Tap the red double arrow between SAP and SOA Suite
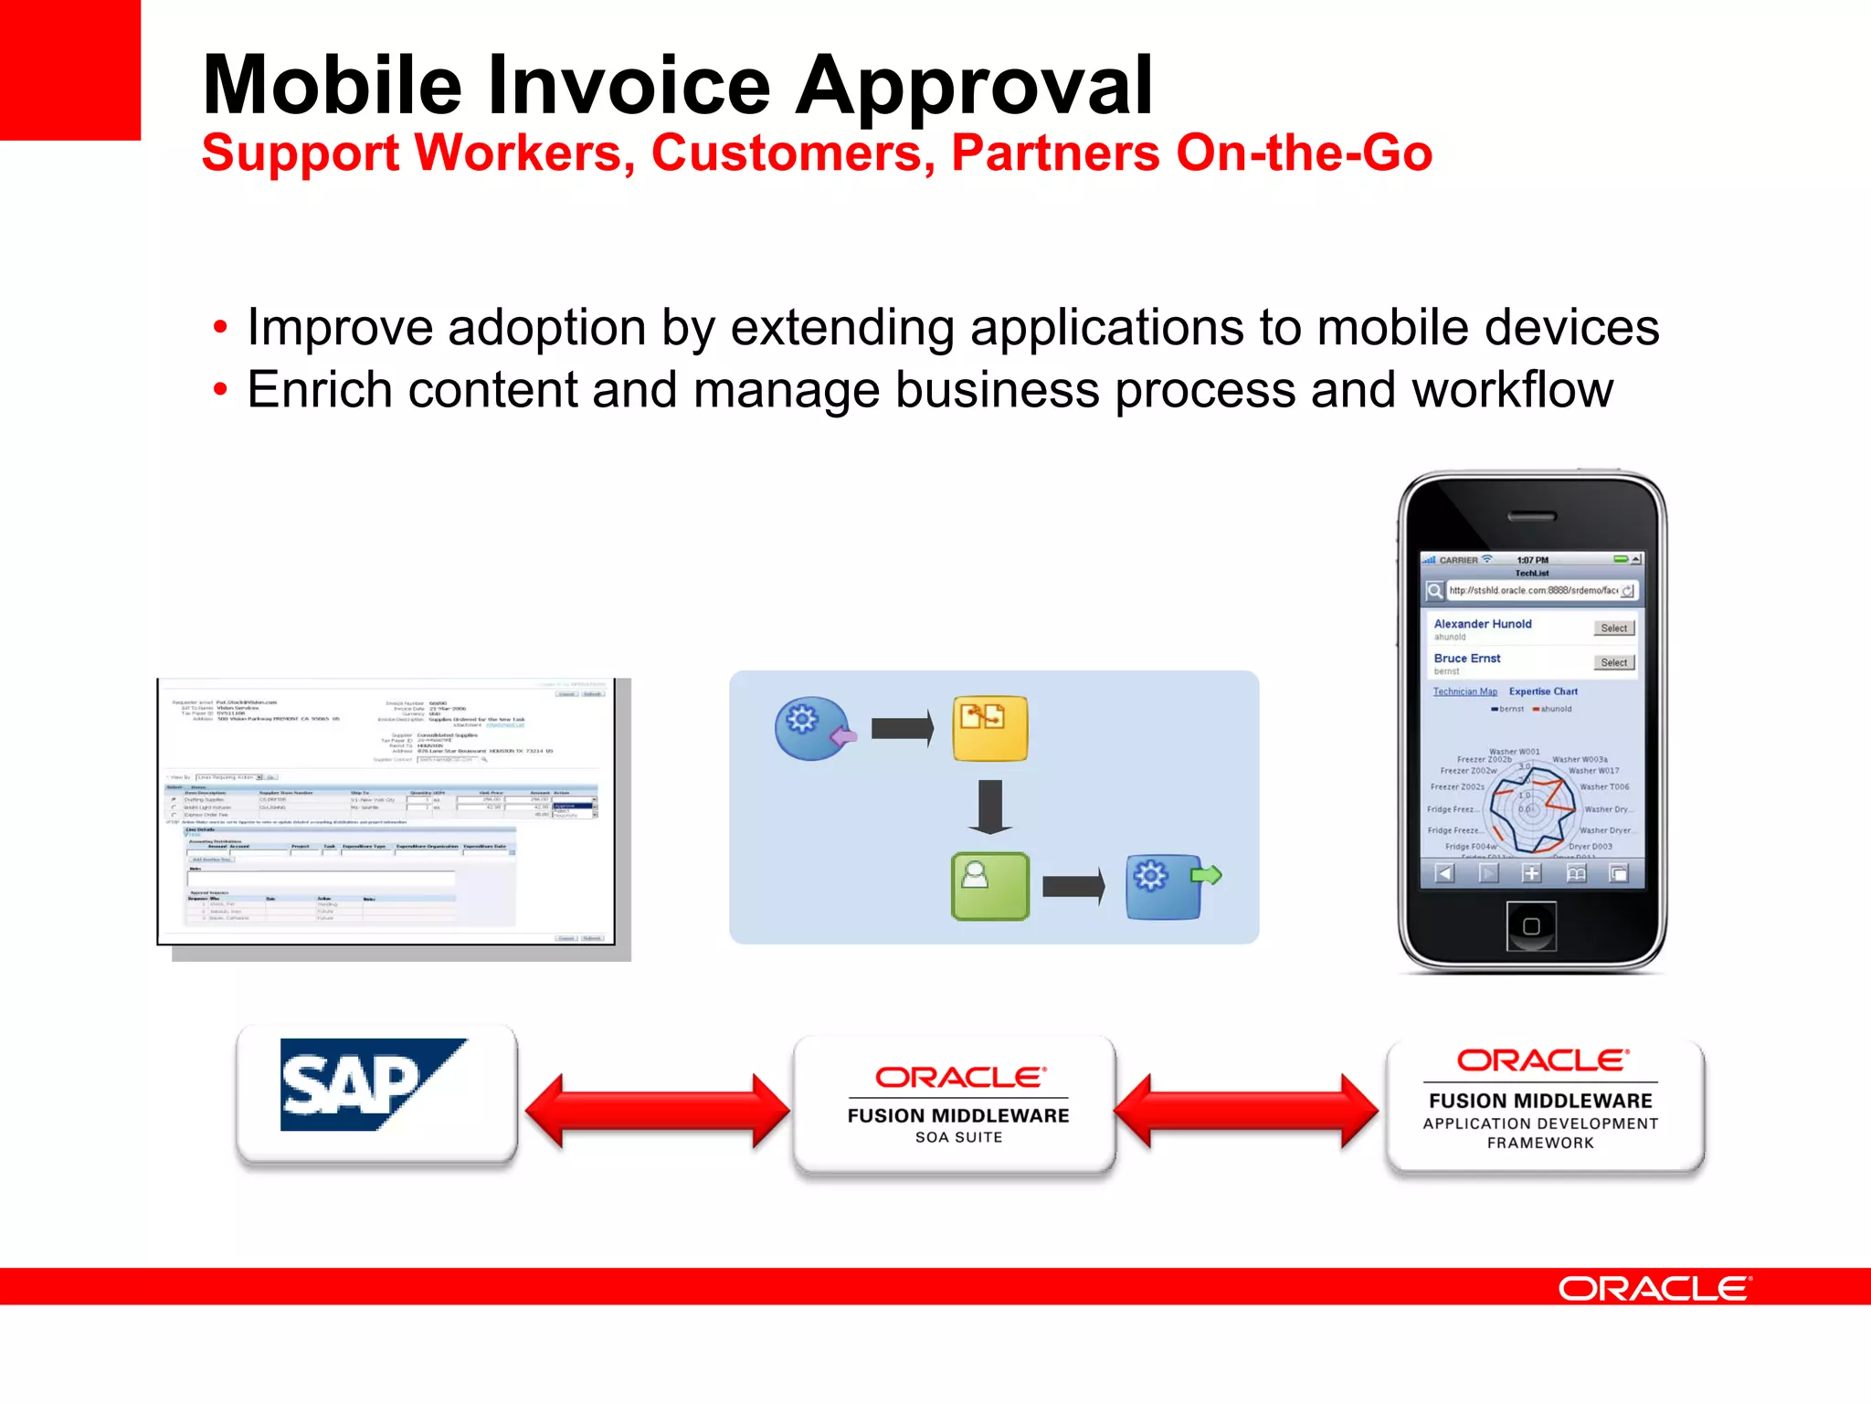point(656,1110)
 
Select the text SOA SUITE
point(958,1138)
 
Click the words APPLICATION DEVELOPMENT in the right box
point(1540,1124)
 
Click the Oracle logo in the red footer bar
point(1654,1289)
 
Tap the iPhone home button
point(1531,926)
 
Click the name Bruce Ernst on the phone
point(1467,659)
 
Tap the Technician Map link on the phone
point(1464,691)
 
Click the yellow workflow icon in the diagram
point(989,728)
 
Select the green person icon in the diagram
point(989,885)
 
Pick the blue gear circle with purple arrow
point(810,728)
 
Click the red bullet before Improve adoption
point(220,328)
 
